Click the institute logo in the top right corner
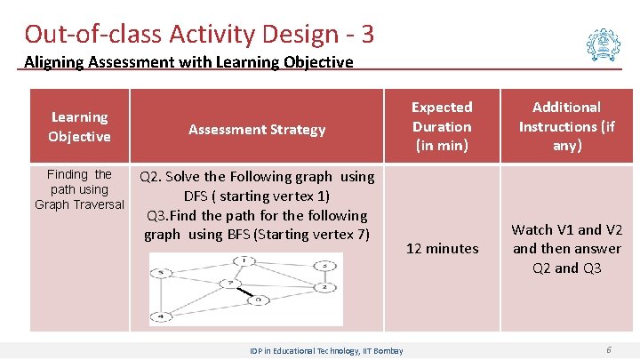tap(604, 43)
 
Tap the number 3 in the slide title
tap(367, 34)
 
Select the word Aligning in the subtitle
tap(52, 62)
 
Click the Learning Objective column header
tap(79, 126)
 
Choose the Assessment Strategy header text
tap(257, 130)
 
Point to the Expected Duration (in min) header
tap(441, 125)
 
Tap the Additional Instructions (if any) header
tap(566, 125)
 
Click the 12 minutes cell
tap(442, 249)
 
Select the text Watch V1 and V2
tap(567, 229)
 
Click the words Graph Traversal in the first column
tap(79, 204)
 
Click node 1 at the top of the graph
tap(243, 260)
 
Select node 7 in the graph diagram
tap(229, 284)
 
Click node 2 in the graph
tap(326, 287)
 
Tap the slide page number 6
tap(608, 350)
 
